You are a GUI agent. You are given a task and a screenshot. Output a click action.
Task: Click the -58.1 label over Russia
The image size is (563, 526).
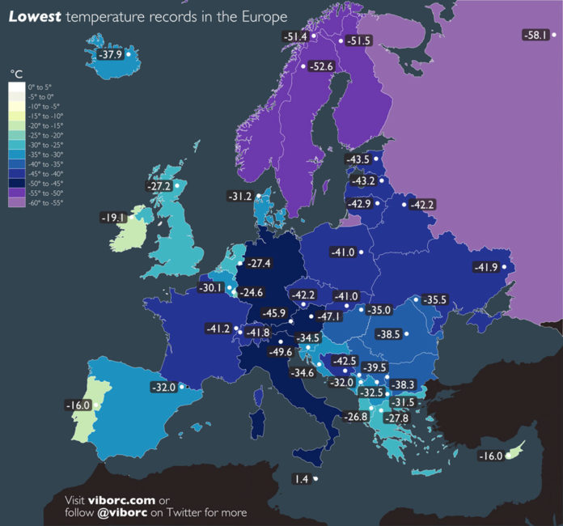point(536,35)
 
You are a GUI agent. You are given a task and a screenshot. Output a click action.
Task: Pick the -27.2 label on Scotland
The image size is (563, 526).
point(158,186)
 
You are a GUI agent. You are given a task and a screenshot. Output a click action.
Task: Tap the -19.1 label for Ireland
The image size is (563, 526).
point(112,218)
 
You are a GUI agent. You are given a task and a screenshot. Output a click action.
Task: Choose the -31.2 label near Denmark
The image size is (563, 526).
point(242,196)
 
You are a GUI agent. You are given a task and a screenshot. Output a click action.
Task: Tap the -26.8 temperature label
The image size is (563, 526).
point(355,417)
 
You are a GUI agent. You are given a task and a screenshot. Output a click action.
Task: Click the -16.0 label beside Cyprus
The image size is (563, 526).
point(489,456)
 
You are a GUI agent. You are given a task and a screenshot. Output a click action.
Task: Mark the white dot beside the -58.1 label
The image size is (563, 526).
point(554,35)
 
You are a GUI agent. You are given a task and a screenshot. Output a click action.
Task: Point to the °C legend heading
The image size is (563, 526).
point(17,74)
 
